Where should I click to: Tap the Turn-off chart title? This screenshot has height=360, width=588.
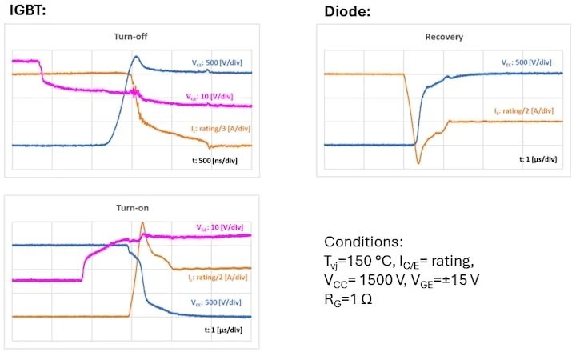coord(131,37)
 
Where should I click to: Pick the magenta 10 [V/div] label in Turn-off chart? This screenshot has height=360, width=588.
coord(210,97)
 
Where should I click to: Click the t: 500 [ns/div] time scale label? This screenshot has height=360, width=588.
coord(210,161)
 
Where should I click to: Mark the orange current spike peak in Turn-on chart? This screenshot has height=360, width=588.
coord(142,223)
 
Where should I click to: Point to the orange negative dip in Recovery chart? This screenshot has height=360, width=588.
coord(418,163)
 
